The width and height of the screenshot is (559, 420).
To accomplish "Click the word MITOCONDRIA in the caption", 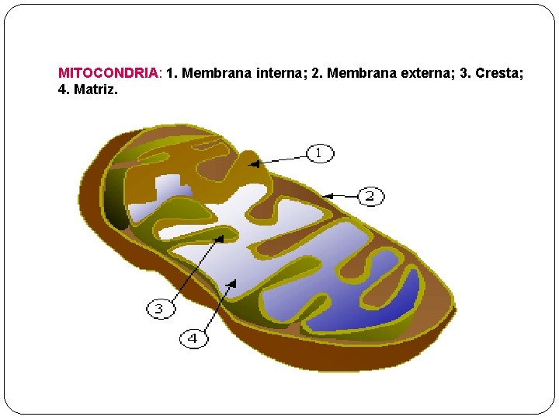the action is point(109,73).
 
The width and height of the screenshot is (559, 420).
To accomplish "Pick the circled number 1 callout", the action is point(319,152).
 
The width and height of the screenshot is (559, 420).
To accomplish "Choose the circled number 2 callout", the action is point(370,196).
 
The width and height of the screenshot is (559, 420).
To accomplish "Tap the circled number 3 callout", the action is point(159,309).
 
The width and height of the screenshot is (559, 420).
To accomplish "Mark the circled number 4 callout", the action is point(193,338).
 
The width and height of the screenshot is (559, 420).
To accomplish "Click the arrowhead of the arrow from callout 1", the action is point(253,163).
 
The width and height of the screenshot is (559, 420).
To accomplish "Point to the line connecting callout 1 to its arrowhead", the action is point(281,158).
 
